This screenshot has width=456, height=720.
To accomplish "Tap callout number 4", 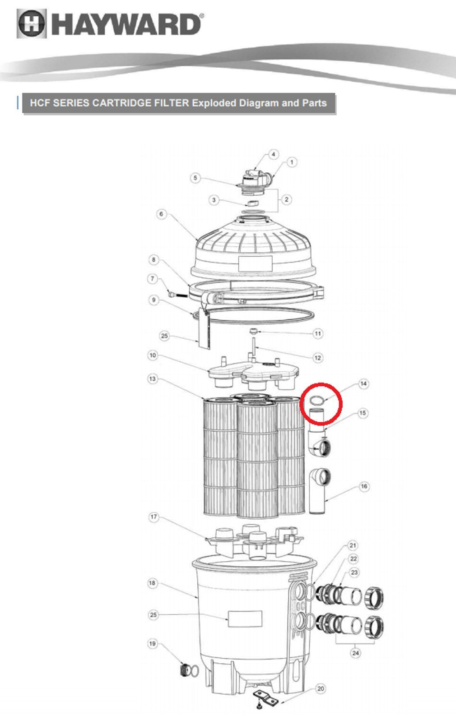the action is coord(273,155).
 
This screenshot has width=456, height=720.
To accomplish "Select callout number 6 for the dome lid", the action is coord(162,214).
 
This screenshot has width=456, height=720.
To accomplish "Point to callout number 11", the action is coord(318,334).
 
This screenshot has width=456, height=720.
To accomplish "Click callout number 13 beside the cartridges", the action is coord(153,379).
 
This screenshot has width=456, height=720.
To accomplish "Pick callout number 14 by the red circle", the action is coord(363,384).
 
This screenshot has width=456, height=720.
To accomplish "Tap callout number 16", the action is coord(364,487).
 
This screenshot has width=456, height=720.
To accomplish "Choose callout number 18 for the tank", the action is coord(153,583).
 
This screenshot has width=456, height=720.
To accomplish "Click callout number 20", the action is coord(321,689).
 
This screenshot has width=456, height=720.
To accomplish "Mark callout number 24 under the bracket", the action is coord(355,653).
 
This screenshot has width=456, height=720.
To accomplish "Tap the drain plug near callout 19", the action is coord(186,670).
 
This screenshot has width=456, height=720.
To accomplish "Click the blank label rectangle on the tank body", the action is coord(245,619).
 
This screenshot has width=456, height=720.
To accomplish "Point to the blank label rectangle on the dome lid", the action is coord(256,264).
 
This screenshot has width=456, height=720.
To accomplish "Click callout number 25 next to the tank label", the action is coord(153,615).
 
